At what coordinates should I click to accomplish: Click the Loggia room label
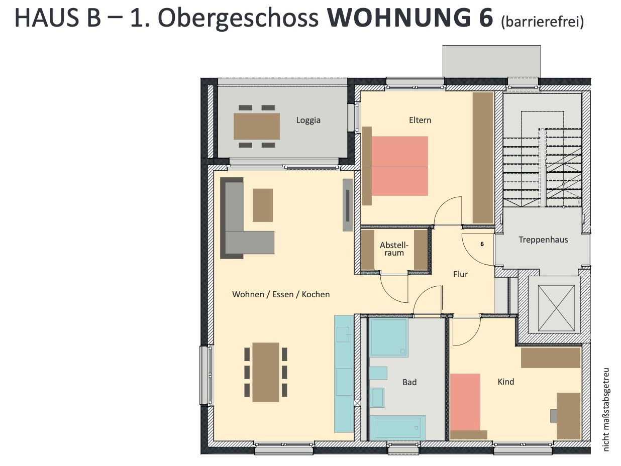coord(308,120)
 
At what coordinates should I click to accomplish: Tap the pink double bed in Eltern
coord(399,166)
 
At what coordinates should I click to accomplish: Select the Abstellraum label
coord(394,249)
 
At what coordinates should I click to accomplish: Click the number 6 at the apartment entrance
coord(482,244)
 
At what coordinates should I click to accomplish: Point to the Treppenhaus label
coord(543,240)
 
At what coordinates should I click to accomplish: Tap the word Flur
coord(460,274)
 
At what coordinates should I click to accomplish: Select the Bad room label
coord(409,382)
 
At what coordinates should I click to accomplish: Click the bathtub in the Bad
coord(397,427)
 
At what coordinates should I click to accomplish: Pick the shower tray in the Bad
coord(389,338)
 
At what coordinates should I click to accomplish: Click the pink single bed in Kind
coord(465,402)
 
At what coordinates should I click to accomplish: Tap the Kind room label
coord(505,382)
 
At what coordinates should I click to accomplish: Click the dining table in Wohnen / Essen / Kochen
coord(266,372)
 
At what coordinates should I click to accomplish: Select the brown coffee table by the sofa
coord(263,205)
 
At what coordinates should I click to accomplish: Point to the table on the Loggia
coord(257,127)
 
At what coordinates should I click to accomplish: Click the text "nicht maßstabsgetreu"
coord(606,409)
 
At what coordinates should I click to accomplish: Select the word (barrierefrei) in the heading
coord(542,22)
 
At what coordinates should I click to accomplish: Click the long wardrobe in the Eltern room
coord(483,158)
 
